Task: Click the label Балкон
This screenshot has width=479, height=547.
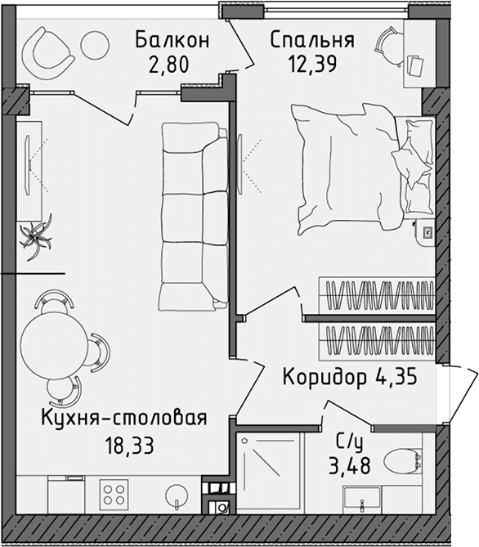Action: click(172, 38)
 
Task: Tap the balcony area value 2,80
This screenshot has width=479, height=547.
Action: click(172, 64)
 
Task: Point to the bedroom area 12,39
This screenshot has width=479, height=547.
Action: click(311, 64)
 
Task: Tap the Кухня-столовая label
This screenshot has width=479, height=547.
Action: click(123, 419)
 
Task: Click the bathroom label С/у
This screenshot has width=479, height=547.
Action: click(349, 442)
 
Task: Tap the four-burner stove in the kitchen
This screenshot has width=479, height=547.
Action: click(114, 495)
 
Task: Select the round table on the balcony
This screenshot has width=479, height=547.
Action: click(95, 44)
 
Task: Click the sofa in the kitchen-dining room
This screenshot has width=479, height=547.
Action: click(193, 214)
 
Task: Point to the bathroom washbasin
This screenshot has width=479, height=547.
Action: click(360, 498)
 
